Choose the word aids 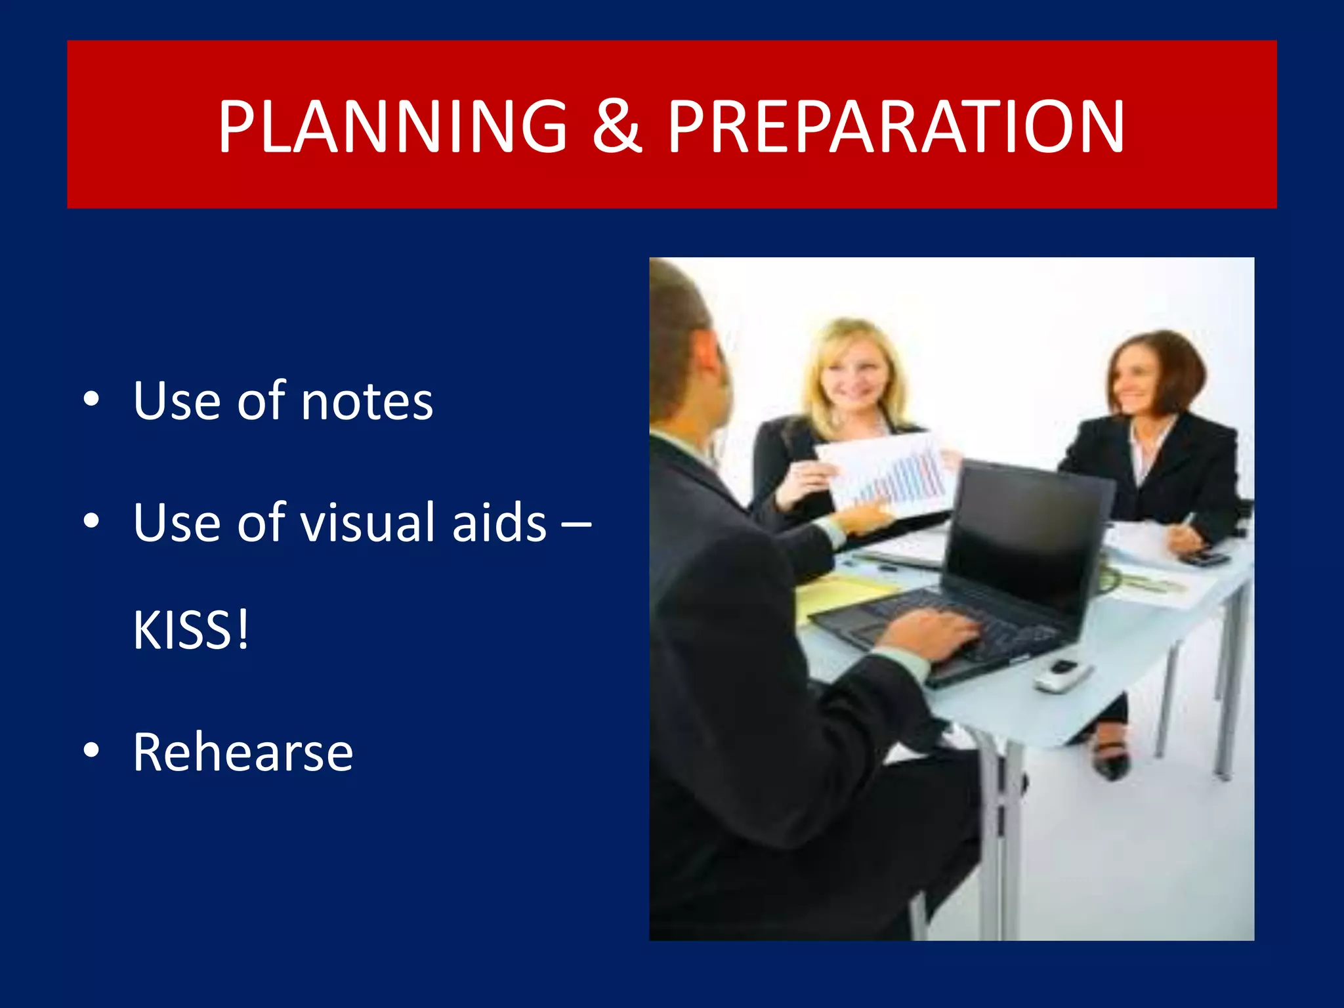(x=499, y=522)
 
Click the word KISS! (x=191, y=630)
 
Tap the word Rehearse (x=243, y=752)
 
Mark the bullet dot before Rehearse (x=91, y=750)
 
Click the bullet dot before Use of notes (x=91, y=399)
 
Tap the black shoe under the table (x=1109, y=761)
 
